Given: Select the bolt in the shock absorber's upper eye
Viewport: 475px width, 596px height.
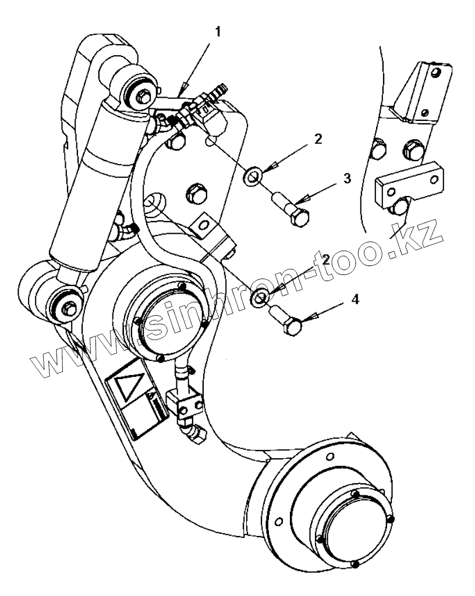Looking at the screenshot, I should click(x=139, y=92).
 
